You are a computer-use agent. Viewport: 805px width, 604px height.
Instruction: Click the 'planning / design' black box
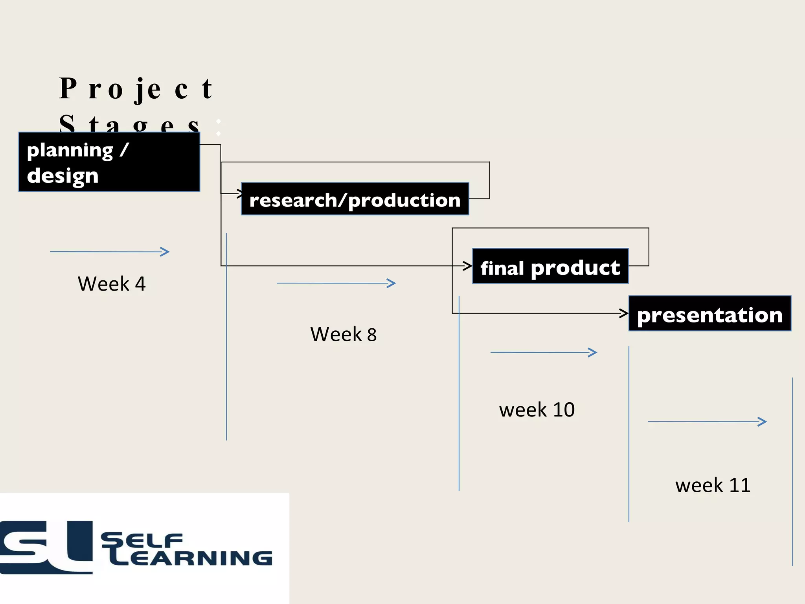pyautogui.click(x=109, y=162)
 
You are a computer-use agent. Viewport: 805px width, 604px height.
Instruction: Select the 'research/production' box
pyautogui.click(x=355, y=199)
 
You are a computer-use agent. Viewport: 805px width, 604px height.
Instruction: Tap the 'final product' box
pyautogui.click(x=550, y=266)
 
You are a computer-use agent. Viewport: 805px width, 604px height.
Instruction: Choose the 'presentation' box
pyautogui.click(x=710, y=314)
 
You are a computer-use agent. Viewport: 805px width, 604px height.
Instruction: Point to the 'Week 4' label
pyautogui.click(x=112, y=284)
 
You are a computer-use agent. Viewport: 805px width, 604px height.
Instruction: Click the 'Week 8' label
pyautogui.click(x=343, y=334)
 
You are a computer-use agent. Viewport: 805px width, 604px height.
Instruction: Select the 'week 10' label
pyautogui.click(x=537, y=410)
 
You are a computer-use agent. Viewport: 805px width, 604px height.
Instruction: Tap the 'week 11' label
pyautogui.click(x=713, y=485)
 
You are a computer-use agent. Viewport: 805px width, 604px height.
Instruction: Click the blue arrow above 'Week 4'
pyautogui.click(x=110, y=252)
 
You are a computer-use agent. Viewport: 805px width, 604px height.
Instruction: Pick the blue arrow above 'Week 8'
pyautogui.click(x=336, y=283)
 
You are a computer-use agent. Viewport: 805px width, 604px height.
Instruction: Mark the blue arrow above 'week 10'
pyautogui.click(x=544, y=352)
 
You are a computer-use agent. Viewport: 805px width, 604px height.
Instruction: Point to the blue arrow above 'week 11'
pyautogui.click(x=707, y=422)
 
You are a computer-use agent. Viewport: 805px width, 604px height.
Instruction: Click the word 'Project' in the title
pyautogui.click(x=136, y=89)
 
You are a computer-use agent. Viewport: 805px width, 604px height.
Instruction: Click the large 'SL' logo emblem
pyautogui.click(x=46, y=547)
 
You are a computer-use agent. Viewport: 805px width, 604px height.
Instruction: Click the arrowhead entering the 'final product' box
pyautogui.click(x=468, y=266)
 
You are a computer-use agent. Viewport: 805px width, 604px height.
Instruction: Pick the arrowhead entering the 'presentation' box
pyautogui.click(x=624, y=313)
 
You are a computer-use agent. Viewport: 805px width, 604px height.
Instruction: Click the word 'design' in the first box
pyautogui.click(x=63, y=176)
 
